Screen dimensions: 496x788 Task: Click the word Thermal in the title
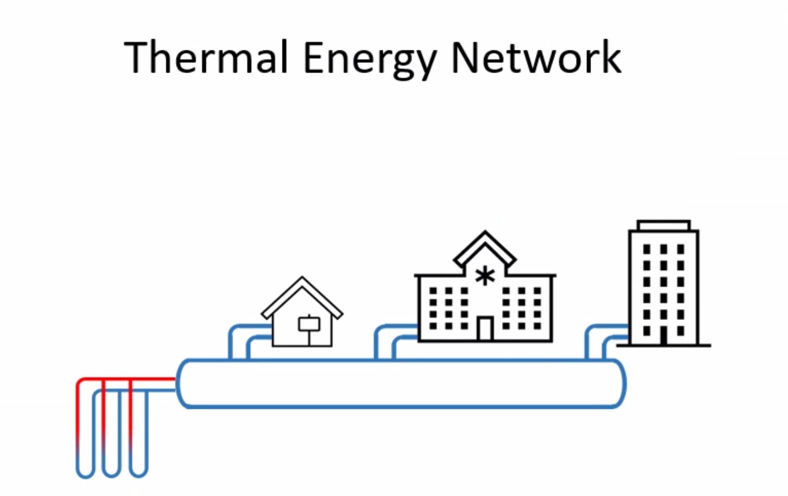pos(208,58)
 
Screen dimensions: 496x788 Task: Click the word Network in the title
pos(536,58)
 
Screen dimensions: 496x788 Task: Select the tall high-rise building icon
pos(663,283)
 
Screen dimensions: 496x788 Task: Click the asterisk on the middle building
pos(485,276)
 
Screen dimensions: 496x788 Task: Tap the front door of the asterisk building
pos(485,328)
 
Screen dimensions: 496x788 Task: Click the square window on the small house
pos(309,324)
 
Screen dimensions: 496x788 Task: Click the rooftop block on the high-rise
pos(663,225)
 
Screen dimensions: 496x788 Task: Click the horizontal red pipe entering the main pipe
pos(153,379)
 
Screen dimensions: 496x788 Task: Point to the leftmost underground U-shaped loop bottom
pos(85,473)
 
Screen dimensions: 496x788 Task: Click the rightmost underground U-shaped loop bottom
pos(139,472)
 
